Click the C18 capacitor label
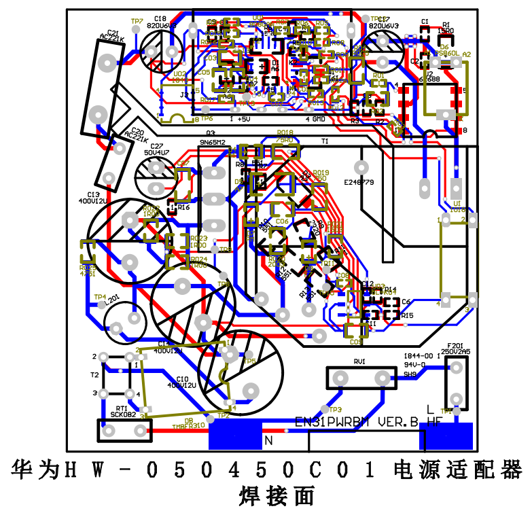(x=160, y=18)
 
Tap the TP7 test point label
(x=137, y=22)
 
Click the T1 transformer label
(x=325, y=141)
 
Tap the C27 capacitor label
(x=157, y=146)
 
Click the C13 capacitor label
(x=93, y=195)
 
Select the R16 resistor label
(x=183, y=207)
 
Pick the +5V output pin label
(x=243, y=119)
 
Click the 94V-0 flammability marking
(x=414, y=365)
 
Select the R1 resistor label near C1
(x=446, y=24)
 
